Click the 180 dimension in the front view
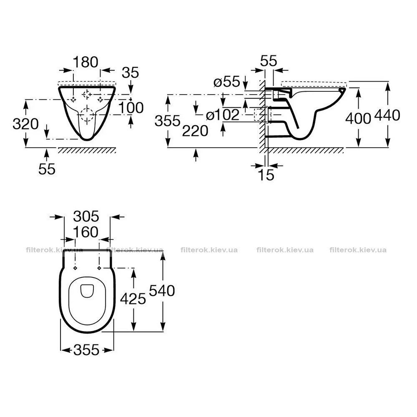[x=85, y=62]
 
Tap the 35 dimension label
[x=130, y=72]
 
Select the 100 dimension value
[x=131, y=108]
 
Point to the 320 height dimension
[x=25, y=124]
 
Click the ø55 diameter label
[x=227, y=81]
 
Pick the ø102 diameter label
[x=223, y=115]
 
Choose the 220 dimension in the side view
[x=195, y=131]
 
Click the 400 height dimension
[x=358, y=118]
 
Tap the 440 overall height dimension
[x=387, y=115]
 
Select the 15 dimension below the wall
[x=266, y=175]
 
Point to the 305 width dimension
[x=86, y=216]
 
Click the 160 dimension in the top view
[x=85, y=232]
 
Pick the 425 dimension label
[x=133, y=299]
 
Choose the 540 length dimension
[x=162, y=290]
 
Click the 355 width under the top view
[x=86, y=350]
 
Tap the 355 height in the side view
[x=168, y=121]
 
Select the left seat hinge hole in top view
[x=75, y=268]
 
